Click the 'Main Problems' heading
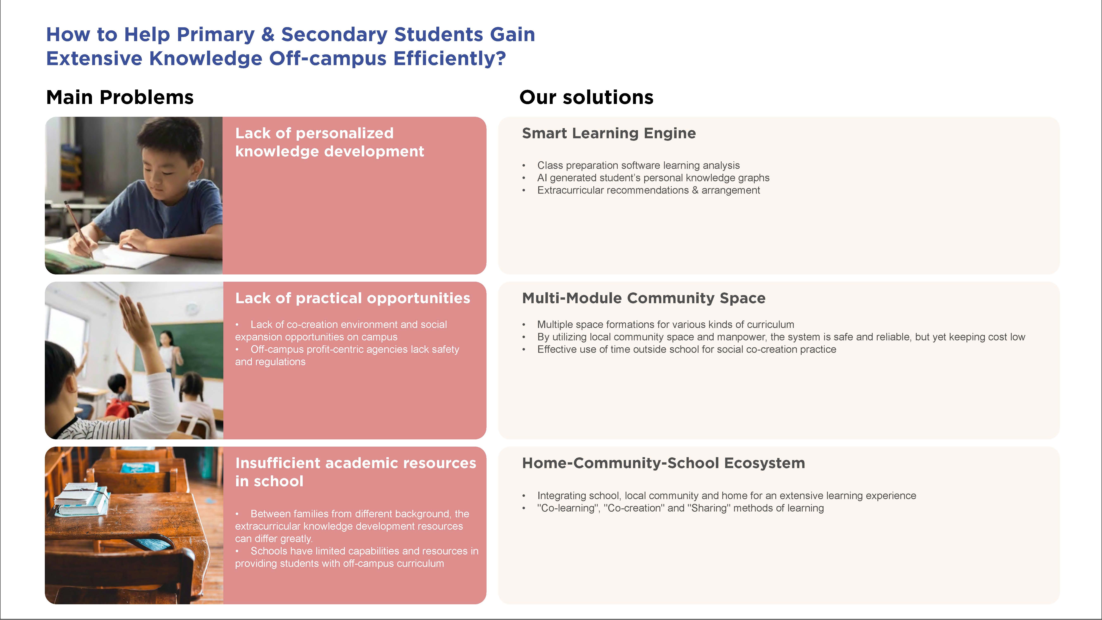click(120, 98)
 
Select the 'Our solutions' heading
click(586, 98)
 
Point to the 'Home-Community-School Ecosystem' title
click(663, 463)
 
